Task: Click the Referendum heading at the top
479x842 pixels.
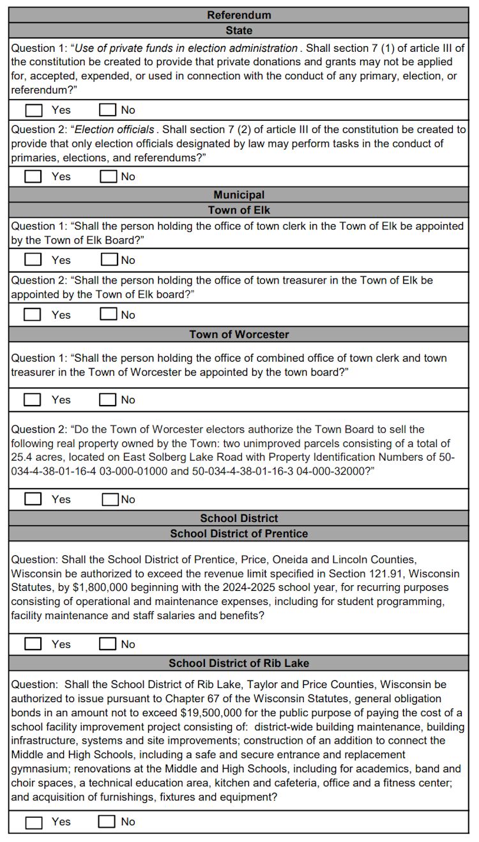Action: click(239, 15)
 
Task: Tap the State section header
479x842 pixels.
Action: click(239, 30)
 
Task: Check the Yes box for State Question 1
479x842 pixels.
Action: click(33, 110)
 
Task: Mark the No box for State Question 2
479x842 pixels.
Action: click(109, 176)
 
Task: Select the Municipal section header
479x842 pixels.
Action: click(239, 195)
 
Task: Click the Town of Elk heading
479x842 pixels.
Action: click(239, 210)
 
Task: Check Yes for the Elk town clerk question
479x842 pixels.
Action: click(33, 260)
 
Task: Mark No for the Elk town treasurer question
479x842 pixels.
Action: click(109, 314)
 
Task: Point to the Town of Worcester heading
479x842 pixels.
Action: click(239, 334)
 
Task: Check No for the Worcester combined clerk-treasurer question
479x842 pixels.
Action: click(107, 400)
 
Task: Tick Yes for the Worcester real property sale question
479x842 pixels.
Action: click(33, 499)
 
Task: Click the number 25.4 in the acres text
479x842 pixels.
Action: click(22, 457)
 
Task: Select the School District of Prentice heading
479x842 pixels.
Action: click(239, 533)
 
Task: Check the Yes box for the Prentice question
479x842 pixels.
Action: click(33, 644)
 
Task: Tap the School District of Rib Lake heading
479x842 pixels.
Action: click(239, 663)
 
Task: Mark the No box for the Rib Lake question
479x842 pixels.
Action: click(107, 822)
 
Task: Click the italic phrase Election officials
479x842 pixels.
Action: click(115, 129)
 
